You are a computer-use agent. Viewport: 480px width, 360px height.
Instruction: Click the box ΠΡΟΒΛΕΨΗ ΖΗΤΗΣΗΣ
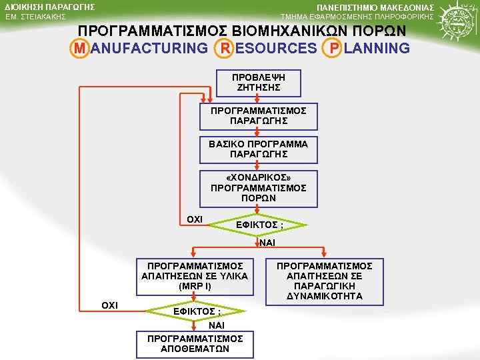(258, 83)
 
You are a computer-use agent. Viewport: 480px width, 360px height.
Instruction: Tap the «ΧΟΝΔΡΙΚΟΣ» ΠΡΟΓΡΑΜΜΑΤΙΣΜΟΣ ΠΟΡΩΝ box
(258, 188)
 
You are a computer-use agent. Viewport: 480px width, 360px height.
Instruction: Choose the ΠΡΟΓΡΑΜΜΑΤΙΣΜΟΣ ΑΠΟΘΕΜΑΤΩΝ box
(195, 343)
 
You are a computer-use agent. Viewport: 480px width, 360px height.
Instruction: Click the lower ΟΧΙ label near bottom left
(109, 305)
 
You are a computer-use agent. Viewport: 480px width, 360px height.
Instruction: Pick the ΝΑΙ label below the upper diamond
(267, 243)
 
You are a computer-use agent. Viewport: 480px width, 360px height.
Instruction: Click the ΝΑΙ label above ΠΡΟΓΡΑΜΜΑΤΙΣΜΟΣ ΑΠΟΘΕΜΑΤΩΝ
(217, 325)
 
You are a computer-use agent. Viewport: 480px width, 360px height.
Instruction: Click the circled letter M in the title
(79, 48)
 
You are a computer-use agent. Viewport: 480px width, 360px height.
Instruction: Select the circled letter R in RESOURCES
(226, 48)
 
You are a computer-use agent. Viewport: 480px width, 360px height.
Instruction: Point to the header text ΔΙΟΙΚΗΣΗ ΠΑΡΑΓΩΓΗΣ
(45, 7)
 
